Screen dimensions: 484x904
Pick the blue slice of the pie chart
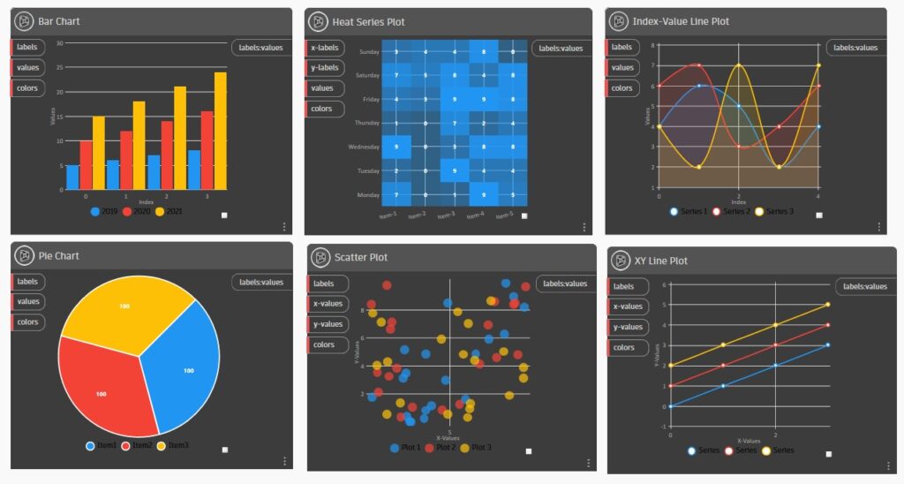tap(182, 367)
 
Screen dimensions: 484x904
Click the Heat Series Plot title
tap(368, 21)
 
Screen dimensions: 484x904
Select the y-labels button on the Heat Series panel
tap(324, 68)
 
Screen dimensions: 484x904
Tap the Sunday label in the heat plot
tap(368, 52)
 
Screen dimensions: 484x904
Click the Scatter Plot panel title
tap(361, 258)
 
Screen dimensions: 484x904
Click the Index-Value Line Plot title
tap(680, 21)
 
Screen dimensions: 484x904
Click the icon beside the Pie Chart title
tap(24, 256)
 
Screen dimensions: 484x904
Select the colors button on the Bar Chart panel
tap(27, 88)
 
